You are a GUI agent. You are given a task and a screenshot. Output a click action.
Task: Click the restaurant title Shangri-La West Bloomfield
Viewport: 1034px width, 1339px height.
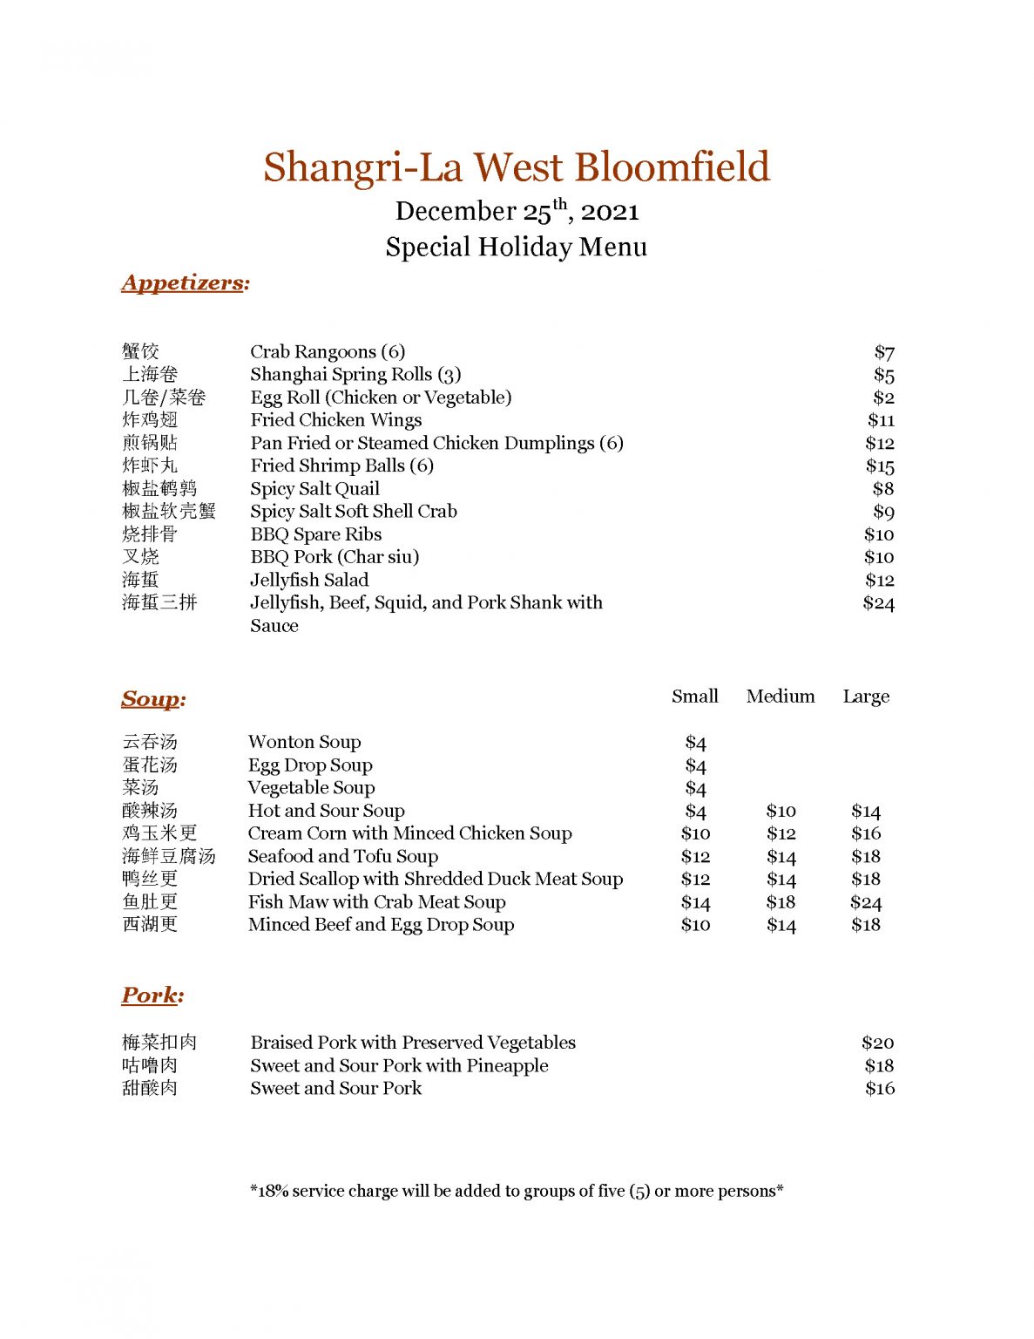click(x=517, y=167)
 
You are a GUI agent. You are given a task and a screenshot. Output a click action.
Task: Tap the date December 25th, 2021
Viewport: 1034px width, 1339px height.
click(x=517, y=212)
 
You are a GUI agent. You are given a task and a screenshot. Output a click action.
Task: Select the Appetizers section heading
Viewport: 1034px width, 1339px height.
click(x=186, y=282)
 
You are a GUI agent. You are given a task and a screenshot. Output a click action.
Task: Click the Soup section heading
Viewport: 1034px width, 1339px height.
click(x=153, y=699)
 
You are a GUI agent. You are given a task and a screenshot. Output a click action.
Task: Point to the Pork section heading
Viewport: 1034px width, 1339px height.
click(x=152, y=995)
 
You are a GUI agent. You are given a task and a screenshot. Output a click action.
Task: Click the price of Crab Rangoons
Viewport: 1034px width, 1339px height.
click(x=884, y=352)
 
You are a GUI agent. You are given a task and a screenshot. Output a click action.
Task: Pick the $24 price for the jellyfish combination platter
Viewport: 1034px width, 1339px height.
click(x=878, y=603)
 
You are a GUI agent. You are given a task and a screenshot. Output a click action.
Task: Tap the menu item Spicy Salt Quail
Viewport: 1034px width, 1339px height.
click(x=314, y=489)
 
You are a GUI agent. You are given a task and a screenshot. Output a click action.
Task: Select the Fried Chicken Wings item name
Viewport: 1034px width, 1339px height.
click(x=335, y=420)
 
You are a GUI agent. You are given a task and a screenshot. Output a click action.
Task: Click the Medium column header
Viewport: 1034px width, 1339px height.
click(x=781, y=697)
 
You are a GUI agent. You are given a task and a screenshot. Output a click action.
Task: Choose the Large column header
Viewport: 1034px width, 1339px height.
click(x=866, y=697)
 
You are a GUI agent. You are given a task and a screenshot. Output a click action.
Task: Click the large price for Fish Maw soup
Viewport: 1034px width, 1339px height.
click(x=866, y=902)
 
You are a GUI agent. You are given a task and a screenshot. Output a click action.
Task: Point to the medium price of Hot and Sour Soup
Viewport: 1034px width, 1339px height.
click(x=781, y=812)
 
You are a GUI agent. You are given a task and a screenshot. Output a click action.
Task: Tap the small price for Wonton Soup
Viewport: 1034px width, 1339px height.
click(x=695, y=743)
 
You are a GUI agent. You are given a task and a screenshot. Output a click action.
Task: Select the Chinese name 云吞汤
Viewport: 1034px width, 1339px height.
click(x=150, y=742)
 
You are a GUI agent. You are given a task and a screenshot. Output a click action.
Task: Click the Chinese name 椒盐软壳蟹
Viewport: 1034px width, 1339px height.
click(x=169, y=512)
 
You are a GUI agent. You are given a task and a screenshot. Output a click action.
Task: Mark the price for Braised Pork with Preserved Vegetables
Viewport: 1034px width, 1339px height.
click(x=877, y=1043)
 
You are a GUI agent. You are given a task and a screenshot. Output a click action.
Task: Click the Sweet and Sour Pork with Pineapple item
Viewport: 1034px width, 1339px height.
click(x=399, y=1065)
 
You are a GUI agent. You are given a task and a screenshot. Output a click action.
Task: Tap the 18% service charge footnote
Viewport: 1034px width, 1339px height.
click(x=517, y=1191)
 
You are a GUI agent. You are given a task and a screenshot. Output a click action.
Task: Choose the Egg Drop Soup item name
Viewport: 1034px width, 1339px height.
click(x=310, y=765)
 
